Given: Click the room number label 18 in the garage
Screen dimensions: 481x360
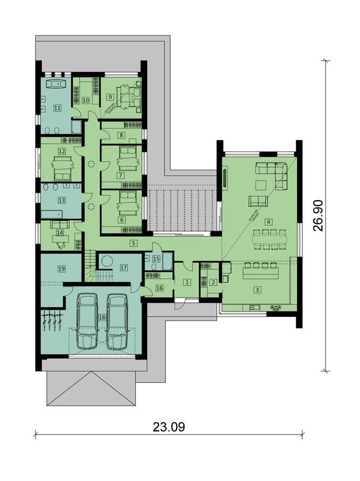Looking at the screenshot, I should [x=102, y=318].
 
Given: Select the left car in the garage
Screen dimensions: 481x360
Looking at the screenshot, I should [x=88, y=321].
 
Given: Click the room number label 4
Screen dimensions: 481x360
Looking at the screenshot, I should [x=268, y=222].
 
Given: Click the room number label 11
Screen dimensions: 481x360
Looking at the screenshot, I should [x=56, y=108].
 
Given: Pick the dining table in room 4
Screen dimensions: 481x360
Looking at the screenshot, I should [x=266, y=239].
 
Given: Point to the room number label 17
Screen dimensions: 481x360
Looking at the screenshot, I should [x=123, y=268].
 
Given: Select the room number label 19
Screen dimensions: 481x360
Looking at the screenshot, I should [x=62, y=269].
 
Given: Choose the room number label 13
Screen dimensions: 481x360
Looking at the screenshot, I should [x=62, y=200].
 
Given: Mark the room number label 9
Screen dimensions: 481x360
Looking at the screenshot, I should [x=110, y=97].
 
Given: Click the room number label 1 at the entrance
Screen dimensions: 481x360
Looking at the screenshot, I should [x=187, y=282].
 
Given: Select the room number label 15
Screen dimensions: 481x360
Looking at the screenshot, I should [x=155, y=259].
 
